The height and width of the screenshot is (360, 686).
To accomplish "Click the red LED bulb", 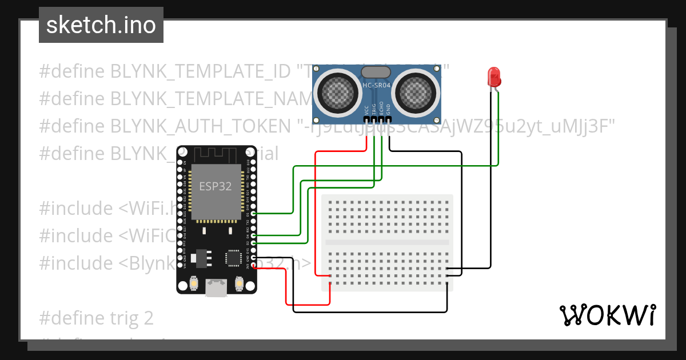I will [493, 77].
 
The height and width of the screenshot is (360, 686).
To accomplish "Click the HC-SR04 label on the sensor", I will [377, 85].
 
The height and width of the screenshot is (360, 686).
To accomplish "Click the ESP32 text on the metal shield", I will [215, 186].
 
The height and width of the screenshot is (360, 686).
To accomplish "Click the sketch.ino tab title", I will [101, 25].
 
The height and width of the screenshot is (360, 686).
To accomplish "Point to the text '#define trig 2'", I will [97, 318].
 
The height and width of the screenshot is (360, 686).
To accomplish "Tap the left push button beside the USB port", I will [194, 283].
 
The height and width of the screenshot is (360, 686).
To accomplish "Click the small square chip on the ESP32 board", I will [233, 258].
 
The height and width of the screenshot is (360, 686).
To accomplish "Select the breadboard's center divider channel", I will [387, 242].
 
